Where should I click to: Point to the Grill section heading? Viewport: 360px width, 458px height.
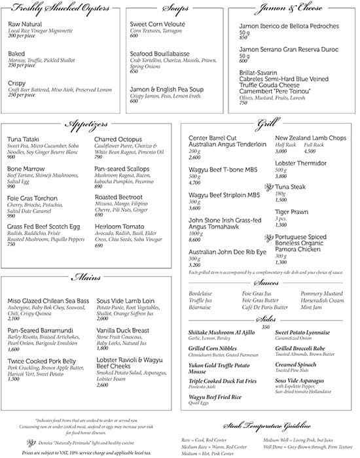pyautogui.click(x=268, y=124)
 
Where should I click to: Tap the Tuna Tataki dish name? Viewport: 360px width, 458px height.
pyautogui.click(x=24, y=139)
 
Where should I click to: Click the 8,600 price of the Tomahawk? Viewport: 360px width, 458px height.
pyautogui.click(x=195, y=241)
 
